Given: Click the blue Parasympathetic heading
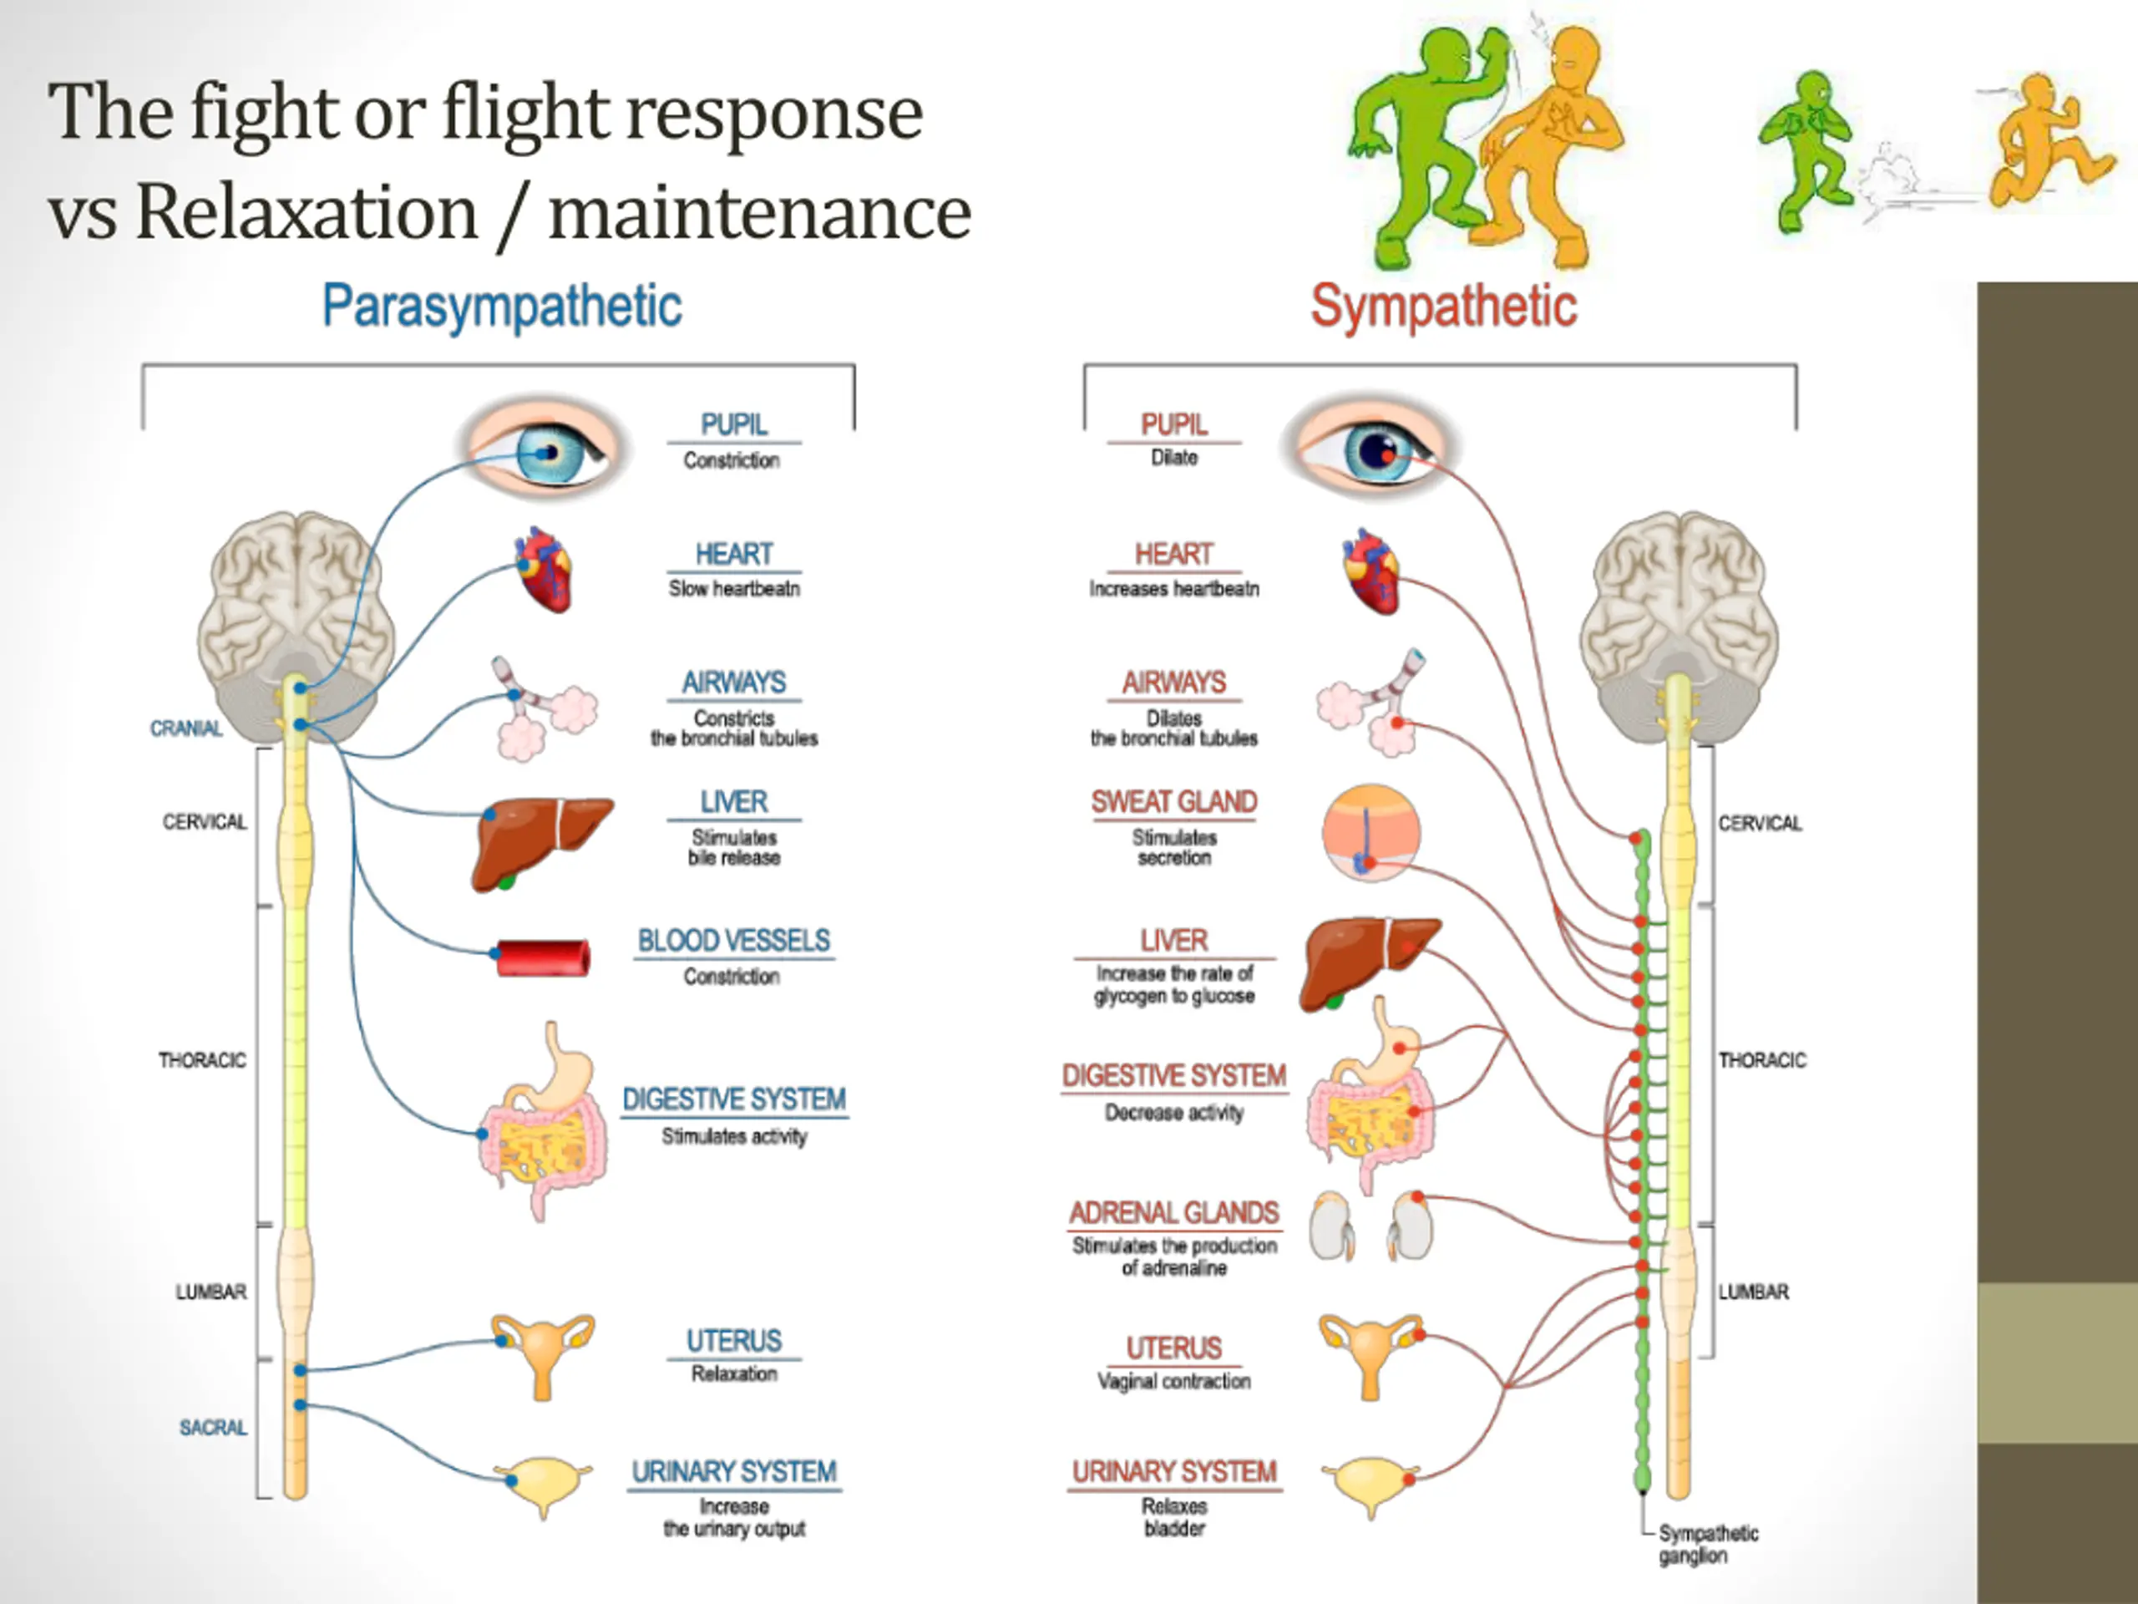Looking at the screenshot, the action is (502, 307).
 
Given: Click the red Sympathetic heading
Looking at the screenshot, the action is (1443, 307).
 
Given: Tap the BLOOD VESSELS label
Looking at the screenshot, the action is (733, 941).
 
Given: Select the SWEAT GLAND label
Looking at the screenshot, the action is (1173, 803).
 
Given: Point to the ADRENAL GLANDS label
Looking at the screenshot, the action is (1173, 1212).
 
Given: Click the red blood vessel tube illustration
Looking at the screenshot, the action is (542, 957).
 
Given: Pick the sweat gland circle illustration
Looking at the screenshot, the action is (1370, 832).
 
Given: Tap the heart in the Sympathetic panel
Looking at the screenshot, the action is (1370, 571).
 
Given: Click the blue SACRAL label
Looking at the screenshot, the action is (213, 1428).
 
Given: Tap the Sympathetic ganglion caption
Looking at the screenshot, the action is (1708, 1544).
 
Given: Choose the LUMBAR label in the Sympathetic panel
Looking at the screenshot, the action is (1753, 1292).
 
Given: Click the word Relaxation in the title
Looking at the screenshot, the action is (307, 213).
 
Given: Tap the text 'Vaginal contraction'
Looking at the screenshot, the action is (1173, 1382).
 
